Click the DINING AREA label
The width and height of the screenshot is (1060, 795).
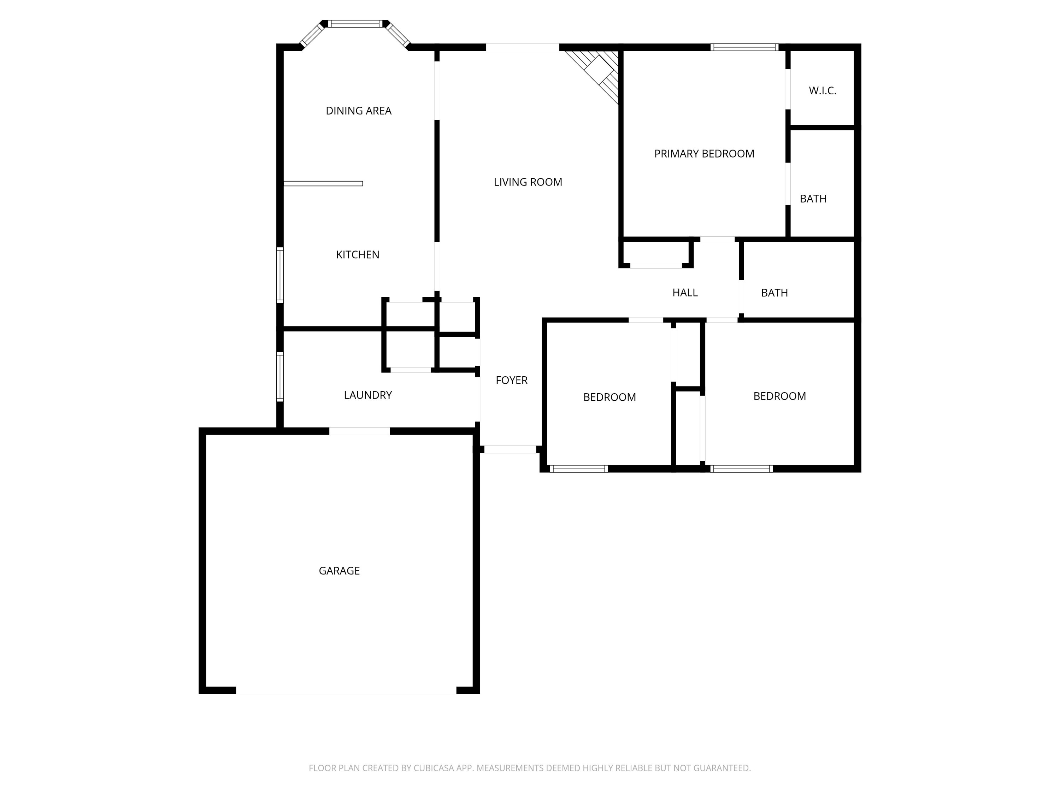[x=358, y=111]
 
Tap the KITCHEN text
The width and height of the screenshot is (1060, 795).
[x=358, y=254]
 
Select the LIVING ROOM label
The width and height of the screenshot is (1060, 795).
[x=528, y=182]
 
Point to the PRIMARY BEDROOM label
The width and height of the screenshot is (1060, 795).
[x=704, y=154]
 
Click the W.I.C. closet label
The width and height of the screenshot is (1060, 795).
[x=822, y=90]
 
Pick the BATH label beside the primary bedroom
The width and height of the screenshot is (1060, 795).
[x=813, y=198]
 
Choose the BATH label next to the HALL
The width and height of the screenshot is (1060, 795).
[x=774, y=293]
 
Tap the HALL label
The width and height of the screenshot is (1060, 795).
[x=684, y=293]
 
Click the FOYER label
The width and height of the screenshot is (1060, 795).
[x=511, y=380]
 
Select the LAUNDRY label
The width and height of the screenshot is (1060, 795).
[x=367, y=395]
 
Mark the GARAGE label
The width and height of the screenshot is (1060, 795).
[x=339, y=571]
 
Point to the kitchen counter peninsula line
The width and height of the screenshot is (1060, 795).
[x=323, y=183]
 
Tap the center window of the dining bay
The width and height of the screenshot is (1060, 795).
[x=355, y=23]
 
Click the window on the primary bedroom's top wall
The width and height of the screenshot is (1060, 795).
[x=744, y=47]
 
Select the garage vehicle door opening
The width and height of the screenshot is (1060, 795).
[x=346, y=690]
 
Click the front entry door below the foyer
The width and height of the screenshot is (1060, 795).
[x=510, y=449]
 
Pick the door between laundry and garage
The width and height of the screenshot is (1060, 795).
[x=359, y=431]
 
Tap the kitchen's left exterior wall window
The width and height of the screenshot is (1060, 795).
[x=280, y=275]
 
